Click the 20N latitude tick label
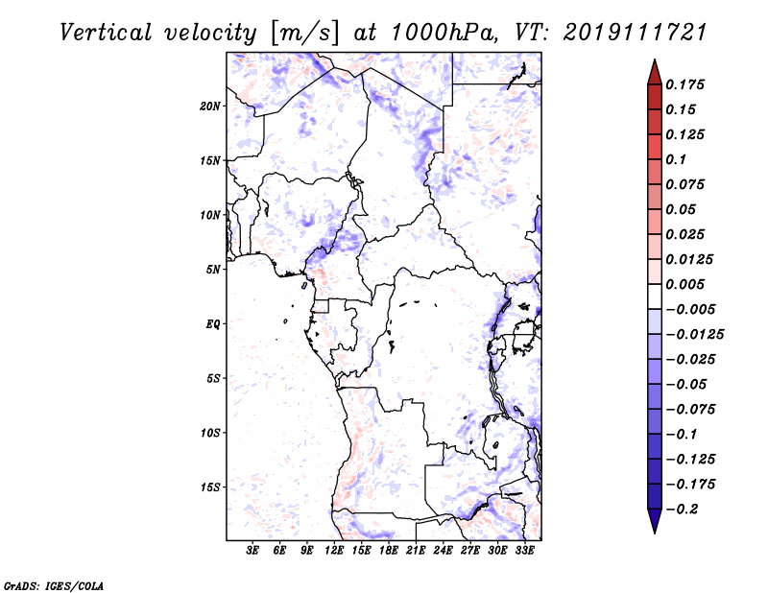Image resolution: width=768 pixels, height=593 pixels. point(210,107)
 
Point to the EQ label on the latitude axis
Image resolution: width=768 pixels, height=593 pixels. point(212,324)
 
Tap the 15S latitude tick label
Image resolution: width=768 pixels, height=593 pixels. point(210,487)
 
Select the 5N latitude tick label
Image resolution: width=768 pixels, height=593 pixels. point(213,270)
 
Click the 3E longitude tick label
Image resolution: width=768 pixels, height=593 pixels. point(252,551)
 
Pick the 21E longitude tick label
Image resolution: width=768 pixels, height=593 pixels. point(416,551)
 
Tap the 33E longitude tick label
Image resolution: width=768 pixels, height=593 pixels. point(524,551)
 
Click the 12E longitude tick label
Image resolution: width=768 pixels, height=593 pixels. point(334,551)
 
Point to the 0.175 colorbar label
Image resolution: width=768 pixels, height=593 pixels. point(684,84)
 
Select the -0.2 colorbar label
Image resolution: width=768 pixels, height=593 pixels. point(682,510)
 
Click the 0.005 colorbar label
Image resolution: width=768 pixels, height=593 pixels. point(684,284)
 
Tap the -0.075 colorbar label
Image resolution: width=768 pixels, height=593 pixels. point(690,410)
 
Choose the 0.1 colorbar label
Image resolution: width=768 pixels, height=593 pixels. point(676,159)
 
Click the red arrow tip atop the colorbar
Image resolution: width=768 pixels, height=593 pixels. point(655,60)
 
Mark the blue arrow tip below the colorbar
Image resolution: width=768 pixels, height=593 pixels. point(655,532)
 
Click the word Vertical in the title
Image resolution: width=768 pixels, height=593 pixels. point(106,33)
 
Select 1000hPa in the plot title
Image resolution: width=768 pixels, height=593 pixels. point(444,33)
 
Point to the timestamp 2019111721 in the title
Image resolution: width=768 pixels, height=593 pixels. point(635,33)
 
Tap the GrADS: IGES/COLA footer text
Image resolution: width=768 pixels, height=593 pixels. point(54,586)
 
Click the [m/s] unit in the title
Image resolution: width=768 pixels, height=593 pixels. point(304,34)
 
